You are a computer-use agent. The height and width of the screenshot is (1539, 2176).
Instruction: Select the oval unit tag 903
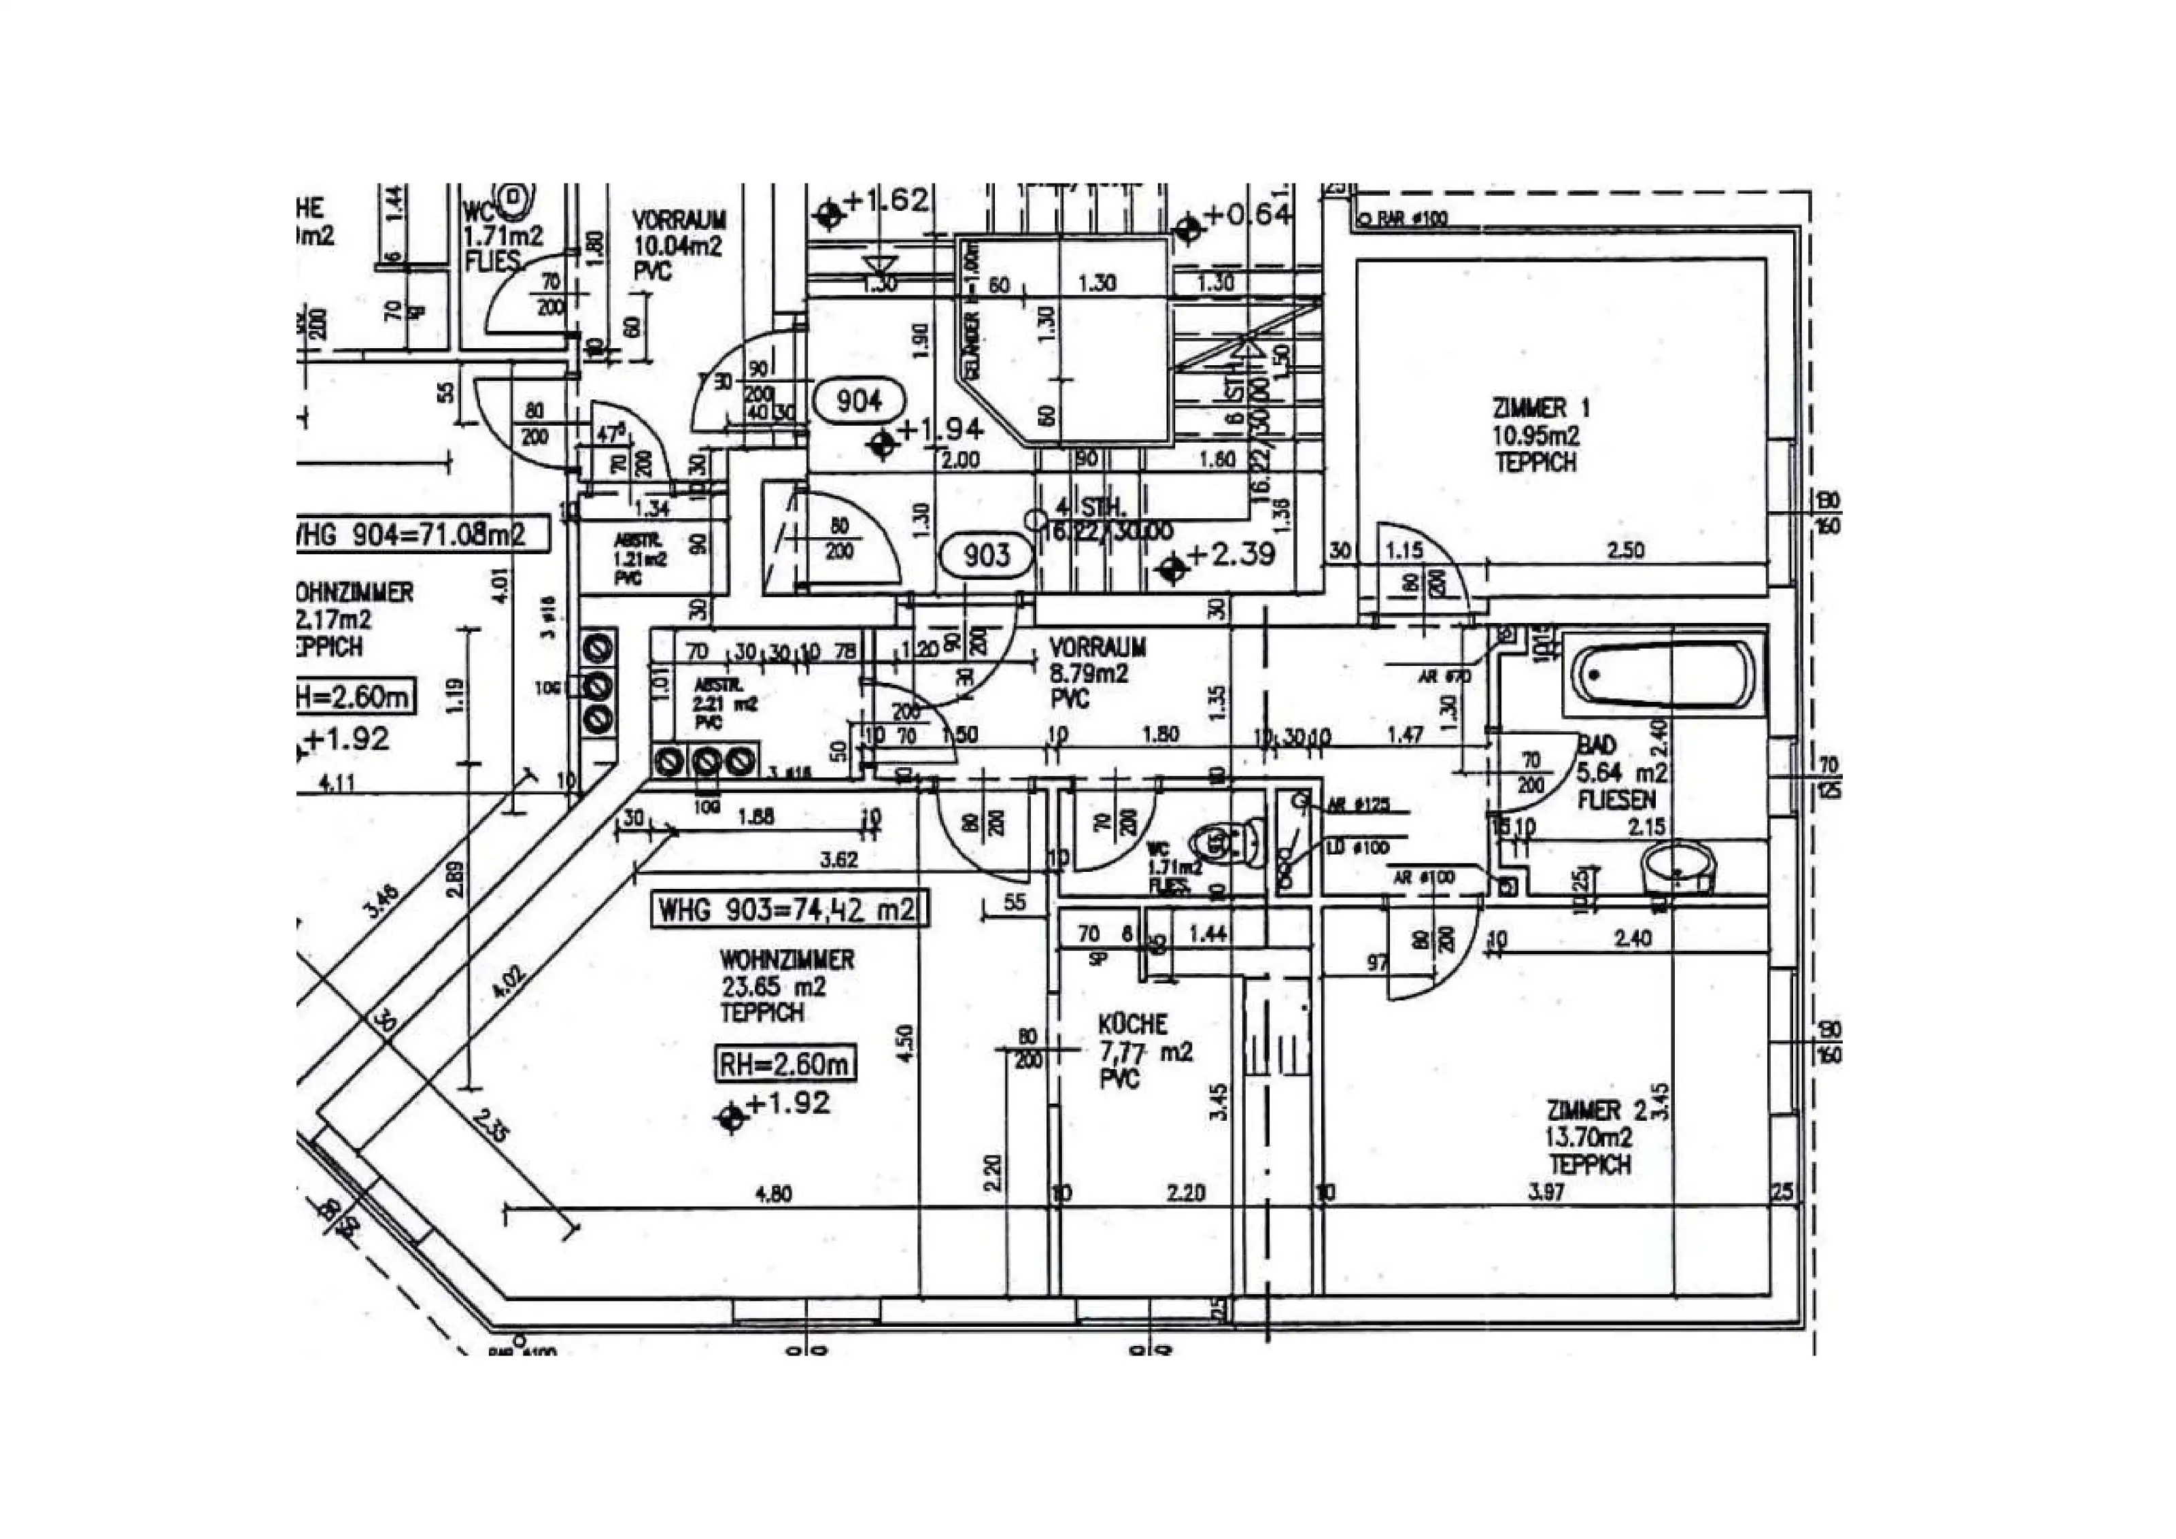pos(987,554)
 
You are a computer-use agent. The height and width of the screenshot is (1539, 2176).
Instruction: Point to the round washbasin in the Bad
pos(1676,867)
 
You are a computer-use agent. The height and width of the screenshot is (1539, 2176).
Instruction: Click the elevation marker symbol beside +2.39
pos(1173,568)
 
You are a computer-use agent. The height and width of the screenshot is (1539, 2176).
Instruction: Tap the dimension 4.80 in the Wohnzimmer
pos(773,1194)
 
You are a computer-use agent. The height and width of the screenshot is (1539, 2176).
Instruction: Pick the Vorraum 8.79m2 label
pos(1097,673)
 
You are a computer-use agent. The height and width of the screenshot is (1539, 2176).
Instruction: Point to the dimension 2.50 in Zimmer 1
pos(1625,549)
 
